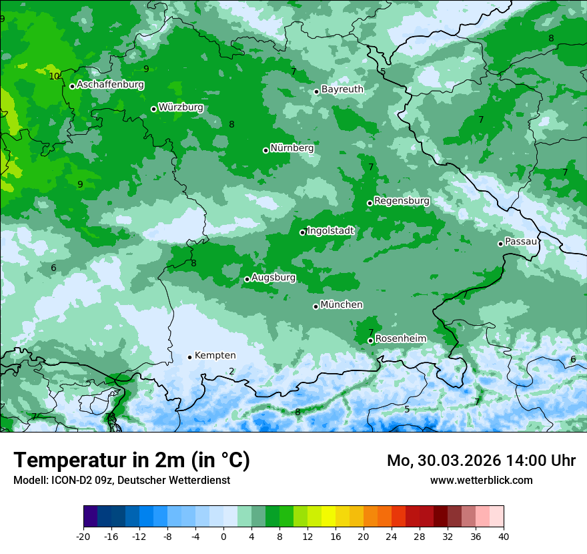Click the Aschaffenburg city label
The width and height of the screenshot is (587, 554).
point(110,85)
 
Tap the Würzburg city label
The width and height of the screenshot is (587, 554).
point(181,107)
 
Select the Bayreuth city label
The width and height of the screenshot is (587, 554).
point(342,89)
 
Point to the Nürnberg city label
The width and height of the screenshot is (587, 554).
point(291,148)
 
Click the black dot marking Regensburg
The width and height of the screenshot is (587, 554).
point(370,203)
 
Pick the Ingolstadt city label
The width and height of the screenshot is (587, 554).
point(330,231)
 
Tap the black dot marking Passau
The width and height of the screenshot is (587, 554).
point(500,244)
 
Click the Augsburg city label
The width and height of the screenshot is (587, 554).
point(273,278)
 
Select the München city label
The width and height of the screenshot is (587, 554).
point(342,305)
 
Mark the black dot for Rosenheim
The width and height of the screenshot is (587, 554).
point(370,340)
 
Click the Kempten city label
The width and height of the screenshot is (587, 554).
point(215,356)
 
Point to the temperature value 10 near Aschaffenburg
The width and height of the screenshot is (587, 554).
point(54,76)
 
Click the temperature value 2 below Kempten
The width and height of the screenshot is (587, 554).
point(231,372)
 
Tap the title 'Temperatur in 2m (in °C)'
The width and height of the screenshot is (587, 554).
point(131,461)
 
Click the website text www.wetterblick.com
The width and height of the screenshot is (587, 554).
point(481,480)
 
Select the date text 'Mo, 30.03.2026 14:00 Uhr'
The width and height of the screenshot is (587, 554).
point(481,461)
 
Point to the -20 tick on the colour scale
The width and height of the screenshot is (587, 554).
point(83,537)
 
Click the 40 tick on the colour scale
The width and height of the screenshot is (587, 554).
point(504,537)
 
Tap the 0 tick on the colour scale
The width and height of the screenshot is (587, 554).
point(223,537)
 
